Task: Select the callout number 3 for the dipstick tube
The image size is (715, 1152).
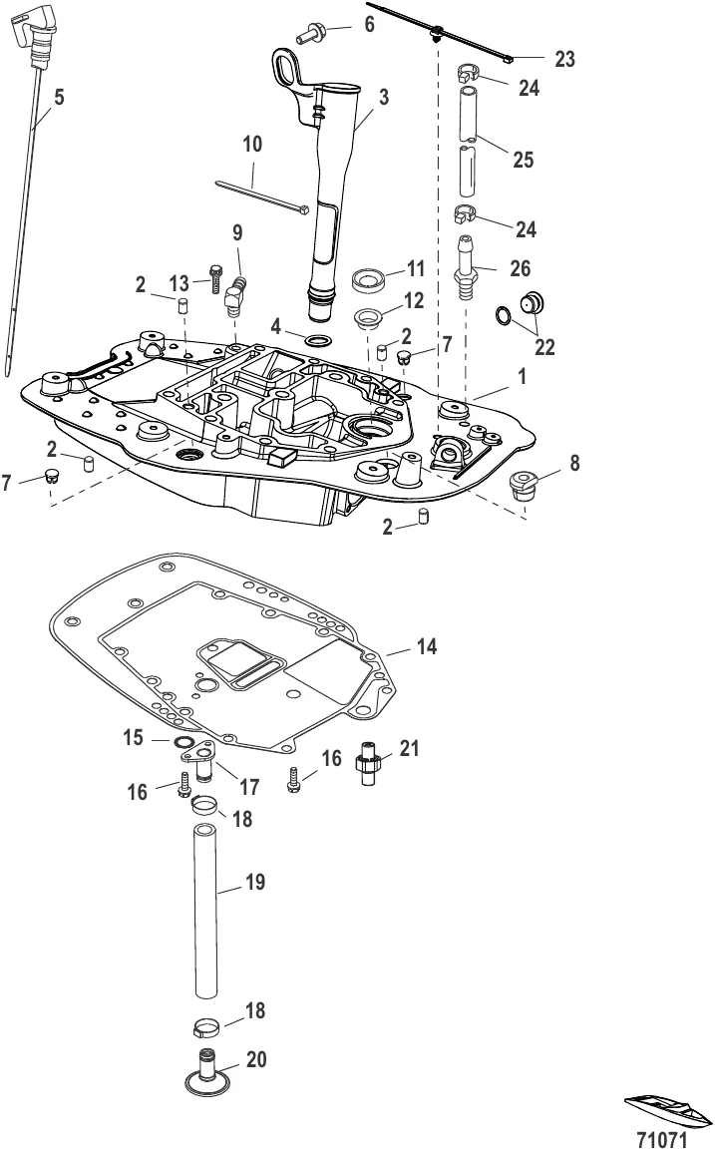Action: pos(383,98)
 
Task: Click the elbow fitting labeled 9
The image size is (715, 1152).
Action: pos(235,294)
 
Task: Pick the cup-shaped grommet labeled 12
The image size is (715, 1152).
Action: pos(370,320)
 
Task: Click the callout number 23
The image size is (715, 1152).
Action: pos(563,60)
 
